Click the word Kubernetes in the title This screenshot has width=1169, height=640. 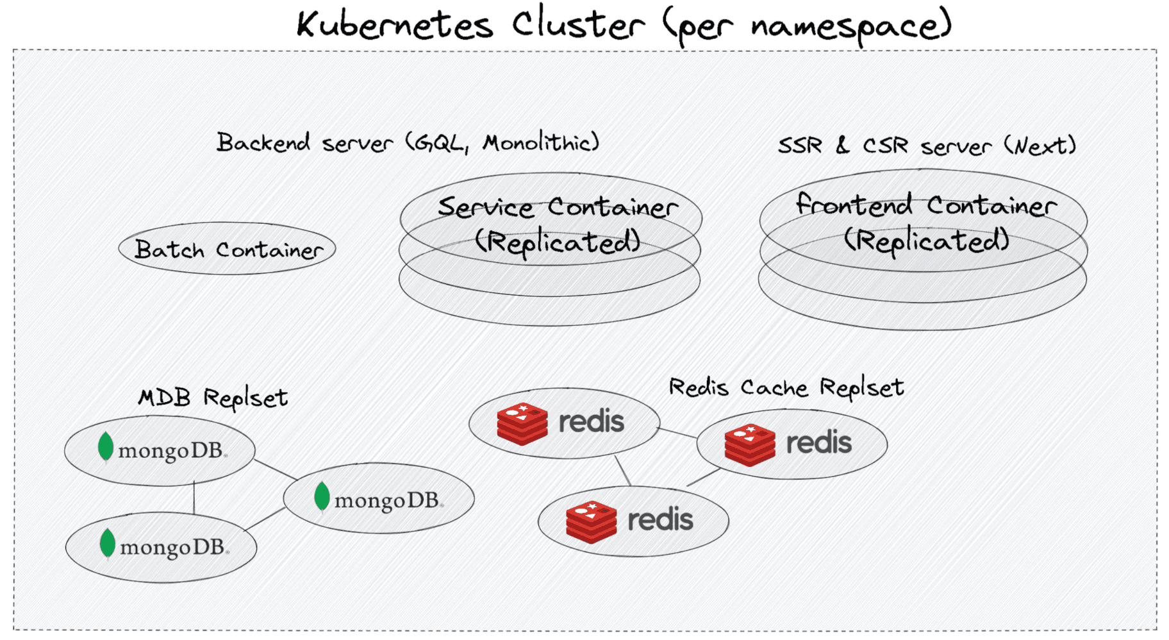[394, 26]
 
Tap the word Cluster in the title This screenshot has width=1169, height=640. [577, 26]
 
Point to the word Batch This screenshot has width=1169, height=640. [169, 249]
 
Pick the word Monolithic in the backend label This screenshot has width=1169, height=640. [540, 142]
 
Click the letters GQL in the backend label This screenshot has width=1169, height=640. [440, 143]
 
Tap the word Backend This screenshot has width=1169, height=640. [263, 142]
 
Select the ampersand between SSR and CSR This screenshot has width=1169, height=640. [842, 145]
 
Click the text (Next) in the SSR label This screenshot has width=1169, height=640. [1040, 146]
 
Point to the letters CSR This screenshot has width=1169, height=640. [885, 146]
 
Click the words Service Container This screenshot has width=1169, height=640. [557, 207]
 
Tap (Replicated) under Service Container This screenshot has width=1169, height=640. [557, 242]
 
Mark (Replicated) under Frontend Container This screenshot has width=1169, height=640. [926, 240]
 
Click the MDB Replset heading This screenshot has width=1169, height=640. [213, 398]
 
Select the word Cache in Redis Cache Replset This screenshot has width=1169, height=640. [774, 387]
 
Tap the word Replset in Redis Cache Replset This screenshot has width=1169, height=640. [861, 387]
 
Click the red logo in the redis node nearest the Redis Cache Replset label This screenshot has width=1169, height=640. [749, 444]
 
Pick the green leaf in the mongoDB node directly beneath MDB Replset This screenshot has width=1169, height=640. [106, 446]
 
